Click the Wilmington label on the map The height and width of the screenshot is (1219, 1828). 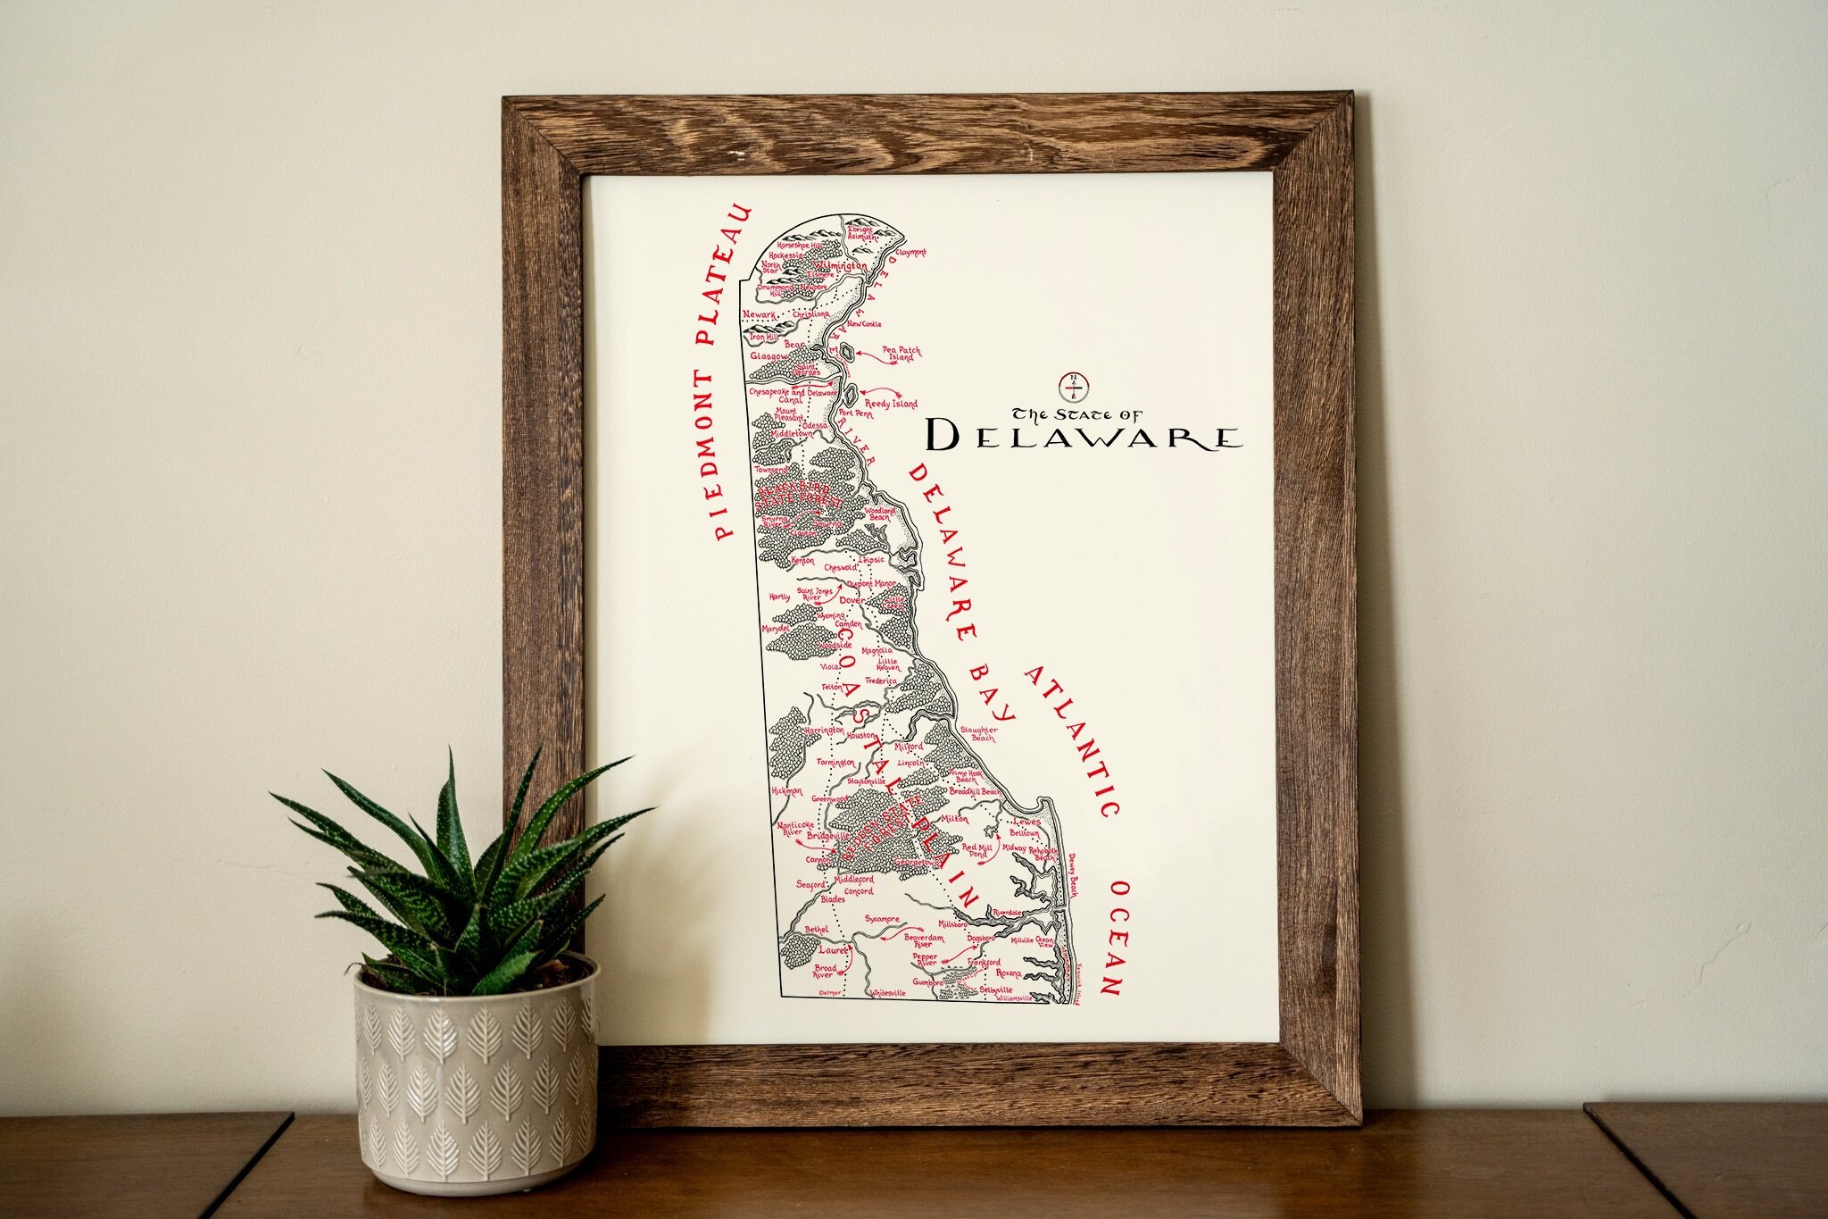840,266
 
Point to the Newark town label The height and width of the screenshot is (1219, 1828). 760,314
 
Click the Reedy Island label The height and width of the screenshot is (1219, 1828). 891,404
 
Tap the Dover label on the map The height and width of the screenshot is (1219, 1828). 849,601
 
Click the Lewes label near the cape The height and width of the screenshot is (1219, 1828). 1026,821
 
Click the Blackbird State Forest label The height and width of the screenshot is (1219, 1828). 799,497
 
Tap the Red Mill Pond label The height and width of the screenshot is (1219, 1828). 976,849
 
